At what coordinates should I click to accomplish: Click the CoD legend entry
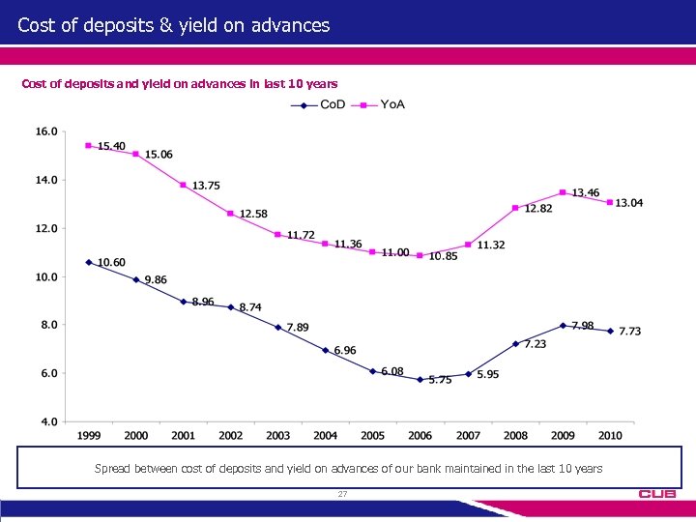(x=319, y=104)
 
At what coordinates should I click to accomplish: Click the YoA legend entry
(x=381, y=104)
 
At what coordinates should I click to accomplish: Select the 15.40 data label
(x=111, y=146)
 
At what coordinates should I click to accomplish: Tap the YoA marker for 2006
(x=420, y=255)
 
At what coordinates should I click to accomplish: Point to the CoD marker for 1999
(x=89, y=262)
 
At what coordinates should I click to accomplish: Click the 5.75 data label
(x=440, y=380)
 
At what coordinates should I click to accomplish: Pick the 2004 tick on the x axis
(x=325, y=436)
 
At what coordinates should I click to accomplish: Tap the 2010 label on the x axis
(x=609, y=436)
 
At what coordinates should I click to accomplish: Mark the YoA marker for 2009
(x=563, y=192)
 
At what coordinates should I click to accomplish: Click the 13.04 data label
(x=629, y=203)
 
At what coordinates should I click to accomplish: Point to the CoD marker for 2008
(x=515, y=344)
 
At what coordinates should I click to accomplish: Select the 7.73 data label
(x=629, y=332)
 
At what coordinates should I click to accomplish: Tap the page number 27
(x=342, y=494)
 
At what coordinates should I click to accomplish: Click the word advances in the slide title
(x=288, y=25)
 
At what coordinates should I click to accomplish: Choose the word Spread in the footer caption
(x=113, y=468)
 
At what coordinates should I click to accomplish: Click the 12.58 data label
(x=253, y=214)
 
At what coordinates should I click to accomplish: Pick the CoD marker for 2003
(x=277, y=327)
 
